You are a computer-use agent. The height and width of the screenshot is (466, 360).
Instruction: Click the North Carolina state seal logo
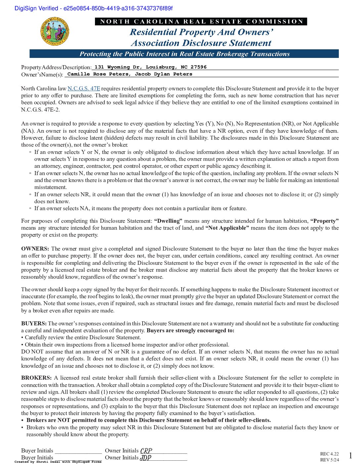pos(55,32)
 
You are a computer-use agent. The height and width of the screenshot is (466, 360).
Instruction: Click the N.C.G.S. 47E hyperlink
pos(84,89)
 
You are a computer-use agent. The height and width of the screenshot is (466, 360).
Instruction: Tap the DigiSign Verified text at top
pos(93,9)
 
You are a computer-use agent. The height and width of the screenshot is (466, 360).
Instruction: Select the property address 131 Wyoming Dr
pos(150,67)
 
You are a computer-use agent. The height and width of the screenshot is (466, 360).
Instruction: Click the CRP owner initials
pos(146,451)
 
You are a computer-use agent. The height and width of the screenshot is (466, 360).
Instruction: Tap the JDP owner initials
pos(145,458)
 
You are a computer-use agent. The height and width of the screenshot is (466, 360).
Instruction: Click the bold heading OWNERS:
pos(35,249)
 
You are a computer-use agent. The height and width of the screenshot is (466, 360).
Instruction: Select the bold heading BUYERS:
pos(34,324)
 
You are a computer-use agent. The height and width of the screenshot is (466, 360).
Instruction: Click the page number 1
pos(350,456)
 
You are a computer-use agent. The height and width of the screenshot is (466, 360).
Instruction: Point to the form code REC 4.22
pos(329,454)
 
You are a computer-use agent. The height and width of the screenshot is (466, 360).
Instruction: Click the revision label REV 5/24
pos(329,460)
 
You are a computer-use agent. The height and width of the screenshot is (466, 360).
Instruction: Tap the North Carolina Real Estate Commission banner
pos(201,22)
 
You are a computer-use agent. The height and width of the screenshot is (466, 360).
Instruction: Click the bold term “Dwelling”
pos(168,221)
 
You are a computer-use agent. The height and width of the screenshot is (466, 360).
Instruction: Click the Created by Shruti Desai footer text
pos(58,462)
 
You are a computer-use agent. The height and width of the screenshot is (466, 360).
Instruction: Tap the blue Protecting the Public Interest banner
pos(184,54)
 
